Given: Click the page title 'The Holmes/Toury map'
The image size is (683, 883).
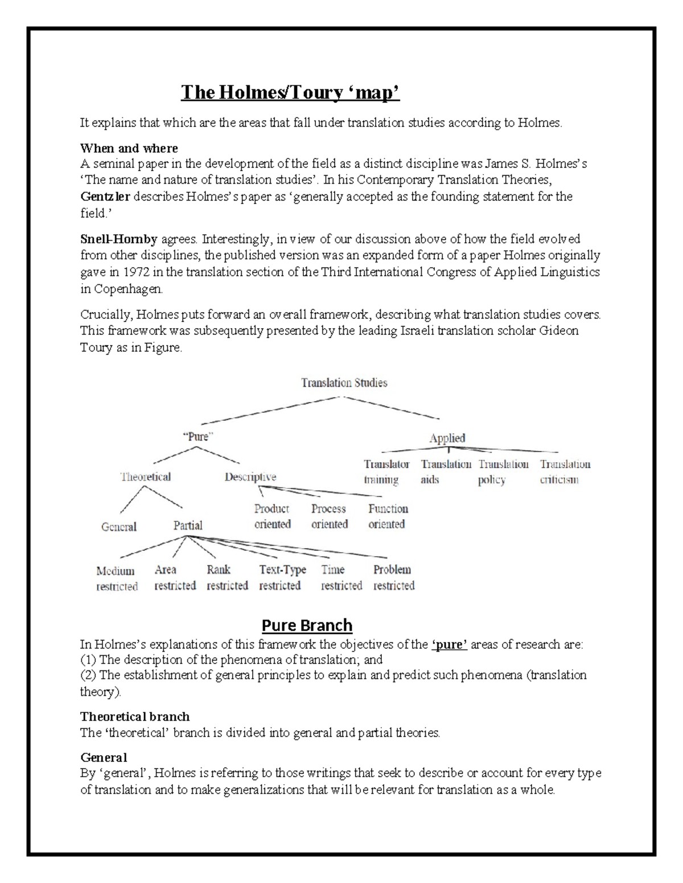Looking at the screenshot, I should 290,92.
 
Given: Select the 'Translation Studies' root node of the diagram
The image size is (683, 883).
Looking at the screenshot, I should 344,383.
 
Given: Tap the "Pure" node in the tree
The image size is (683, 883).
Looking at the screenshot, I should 197,437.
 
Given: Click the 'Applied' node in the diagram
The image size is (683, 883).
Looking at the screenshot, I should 447,438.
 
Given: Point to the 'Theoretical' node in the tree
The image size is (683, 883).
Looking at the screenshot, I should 145,476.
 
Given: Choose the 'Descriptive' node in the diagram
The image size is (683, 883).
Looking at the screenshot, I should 250,476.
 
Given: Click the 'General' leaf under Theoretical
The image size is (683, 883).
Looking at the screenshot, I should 118,527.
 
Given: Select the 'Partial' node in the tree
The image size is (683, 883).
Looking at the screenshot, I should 187,525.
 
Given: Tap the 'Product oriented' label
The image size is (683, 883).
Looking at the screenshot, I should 272,516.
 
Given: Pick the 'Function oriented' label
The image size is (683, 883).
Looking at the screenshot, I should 388,516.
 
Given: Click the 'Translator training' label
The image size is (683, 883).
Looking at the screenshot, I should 386,472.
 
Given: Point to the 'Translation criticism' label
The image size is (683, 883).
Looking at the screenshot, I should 565,472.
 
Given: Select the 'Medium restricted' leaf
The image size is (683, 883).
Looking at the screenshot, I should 117,578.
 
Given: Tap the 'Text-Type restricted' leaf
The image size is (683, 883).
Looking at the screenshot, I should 282,578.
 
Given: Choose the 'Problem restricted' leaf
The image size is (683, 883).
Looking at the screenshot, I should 393,578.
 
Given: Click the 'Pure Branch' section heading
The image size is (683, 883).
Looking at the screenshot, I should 307,625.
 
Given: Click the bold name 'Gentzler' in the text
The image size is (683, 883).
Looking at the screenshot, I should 105,197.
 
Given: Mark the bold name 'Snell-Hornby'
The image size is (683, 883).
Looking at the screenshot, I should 118,239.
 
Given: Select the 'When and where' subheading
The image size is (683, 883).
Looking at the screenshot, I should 129,148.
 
